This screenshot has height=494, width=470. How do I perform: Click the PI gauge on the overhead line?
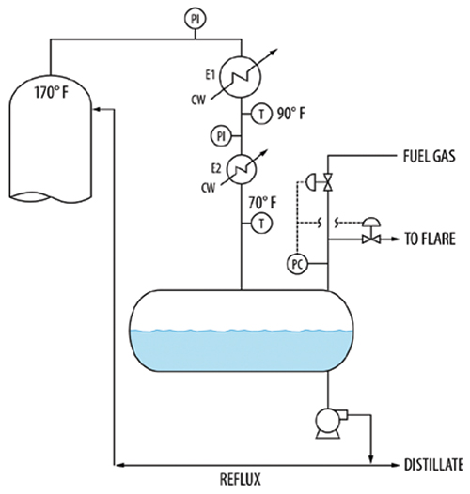coord(196,19)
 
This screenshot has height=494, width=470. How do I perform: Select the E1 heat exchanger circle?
coord(241,77)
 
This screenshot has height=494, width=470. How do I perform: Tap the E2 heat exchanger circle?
coord(242,169)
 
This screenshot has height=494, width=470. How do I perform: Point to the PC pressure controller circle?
coord(297,264)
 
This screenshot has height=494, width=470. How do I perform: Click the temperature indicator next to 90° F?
coord(261,114)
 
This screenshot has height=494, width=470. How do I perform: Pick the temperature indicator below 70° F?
coord(261,224)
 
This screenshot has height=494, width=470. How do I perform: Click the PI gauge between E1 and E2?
coord(221,136)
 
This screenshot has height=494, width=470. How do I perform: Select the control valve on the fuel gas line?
coord(328,182)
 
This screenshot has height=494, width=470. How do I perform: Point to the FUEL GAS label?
coord(430,156)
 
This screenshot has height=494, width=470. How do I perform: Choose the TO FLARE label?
coord(430,239)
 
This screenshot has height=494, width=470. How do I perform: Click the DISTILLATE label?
coord(434,465)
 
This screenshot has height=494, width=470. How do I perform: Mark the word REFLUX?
coord(241,479)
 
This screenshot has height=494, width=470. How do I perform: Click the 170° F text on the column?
coord(51,93)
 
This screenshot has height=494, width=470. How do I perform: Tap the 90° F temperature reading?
coord(291,114)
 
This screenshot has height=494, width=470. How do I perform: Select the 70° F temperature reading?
coord(262,203)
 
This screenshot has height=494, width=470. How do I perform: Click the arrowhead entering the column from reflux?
coord(97,109)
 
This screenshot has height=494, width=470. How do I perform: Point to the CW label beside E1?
coord(198,100)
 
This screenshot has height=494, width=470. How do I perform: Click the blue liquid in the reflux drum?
coord(242,349)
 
